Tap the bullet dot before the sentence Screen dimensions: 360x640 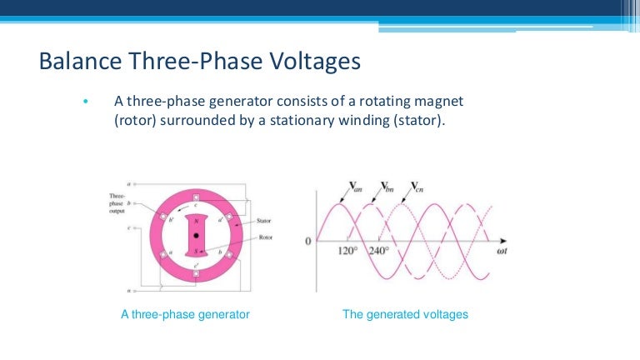(x=86, y=102)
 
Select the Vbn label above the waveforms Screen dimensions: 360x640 (x=388, y=187)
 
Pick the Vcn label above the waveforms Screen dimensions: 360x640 (x=419, y=187)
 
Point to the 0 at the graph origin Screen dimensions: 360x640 (x=307, y=241)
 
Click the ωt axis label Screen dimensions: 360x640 (x=502, y=248)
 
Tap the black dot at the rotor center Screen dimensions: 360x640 (x=196, y=236)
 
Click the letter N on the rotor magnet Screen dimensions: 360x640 (x=196, y=222)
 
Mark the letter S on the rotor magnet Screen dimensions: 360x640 (x=196, y=250)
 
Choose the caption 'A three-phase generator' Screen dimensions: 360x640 (x=186, y=315)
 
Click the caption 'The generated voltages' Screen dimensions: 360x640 (x=406, y=315)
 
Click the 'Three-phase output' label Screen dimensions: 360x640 (x=117, y=202)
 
